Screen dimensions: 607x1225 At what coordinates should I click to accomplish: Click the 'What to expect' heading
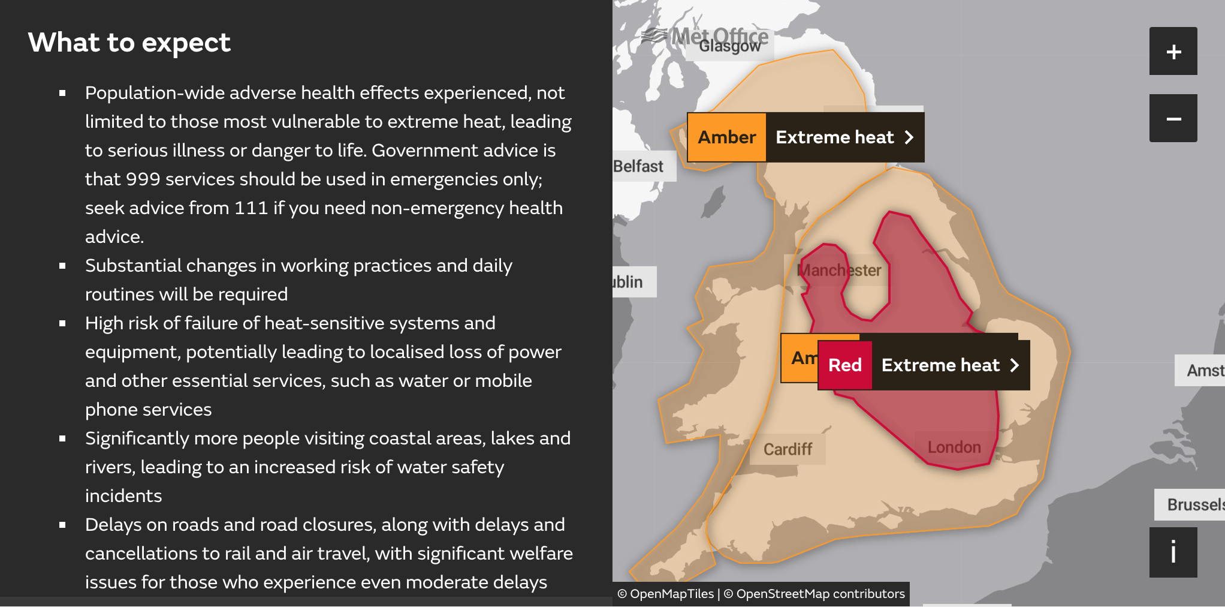[x=129, y=43]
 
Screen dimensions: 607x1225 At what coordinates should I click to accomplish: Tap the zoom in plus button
[x=1173, y=52]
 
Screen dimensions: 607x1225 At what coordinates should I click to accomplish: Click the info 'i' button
[x=1173, y=552]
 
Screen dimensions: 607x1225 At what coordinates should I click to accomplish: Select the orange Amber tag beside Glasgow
[x=726, y=137]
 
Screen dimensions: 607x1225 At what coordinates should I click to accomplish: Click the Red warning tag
[x=844, y=365]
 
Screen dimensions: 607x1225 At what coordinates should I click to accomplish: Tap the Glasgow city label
[x=729, y=46]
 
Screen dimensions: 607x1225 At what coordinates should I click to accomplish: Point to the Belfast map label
[x=638, y=166]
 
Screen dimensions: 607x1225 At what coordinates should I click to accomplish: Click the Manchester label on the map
[x=839, y=271]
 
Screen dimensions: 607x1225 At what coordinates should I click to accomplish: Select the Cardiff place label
[x=787, y=449]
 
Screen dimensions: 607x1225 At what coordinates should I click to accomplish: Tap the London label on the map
[x=954, y=447]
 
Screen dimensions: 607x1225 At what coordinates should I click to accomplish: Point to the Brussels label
[x=1194, y=504]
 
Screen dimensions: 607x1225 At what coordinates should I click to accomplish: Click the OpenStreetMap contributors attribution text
[x=820, y=594]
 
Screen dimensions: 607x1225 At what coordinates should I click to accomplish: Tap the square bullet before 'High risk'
[x=62, y=323]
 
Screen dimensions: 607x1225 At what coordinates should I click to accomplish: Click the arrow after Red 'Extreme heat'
[x=1014, y=365]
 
